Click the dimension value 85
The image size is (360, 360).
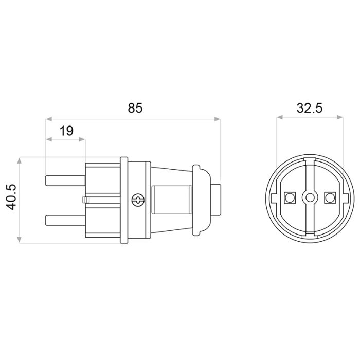135,108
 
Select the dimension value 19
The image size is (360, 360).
66,131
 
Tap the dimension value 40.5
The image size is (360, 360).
11,197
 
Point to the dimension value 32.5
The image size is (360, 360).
310,108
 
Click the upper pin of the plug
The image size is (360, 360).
65,181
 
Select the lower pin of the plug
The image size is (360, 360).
65,220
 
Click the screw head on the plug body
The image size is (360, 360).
138,200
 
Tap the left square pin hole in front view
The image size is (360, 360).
290,197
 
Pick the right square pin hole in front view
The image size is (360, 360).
330,197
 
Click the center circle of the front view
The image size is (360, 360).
310,197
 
